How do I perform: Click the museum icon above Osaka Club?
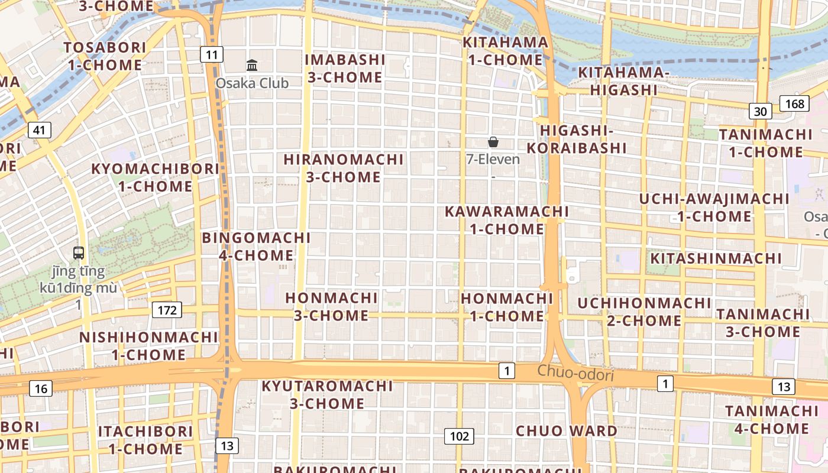252,64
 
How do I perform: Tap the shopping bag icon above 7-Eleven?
493,142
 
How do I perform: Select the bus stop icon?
79,253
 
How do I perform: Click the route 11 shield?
212,55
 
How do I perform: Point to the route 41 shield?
40,130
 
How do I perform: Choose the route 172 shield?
167,309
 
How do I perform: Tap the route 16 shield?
40,388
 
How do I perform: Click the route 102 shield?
459,436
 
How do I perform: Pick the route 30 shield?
761,111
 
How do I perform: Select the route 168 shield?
795,104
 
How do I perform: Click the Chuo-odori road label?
575,374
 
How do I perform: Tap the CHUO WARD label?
567,430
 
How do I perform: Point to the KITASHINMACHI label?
716,258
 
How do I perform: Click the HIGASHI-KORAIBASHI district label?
576,139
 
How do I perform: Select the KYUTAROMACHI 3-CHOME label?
327,395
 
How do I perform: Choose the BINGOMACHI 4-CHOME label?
256,247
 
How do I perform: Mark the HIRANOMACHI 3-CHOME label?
344,168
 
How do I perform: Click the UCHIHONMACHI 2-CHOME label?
644,312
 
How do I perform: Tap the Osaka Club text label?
252,83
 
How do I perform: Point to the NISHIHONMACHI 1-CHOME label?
149,346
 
